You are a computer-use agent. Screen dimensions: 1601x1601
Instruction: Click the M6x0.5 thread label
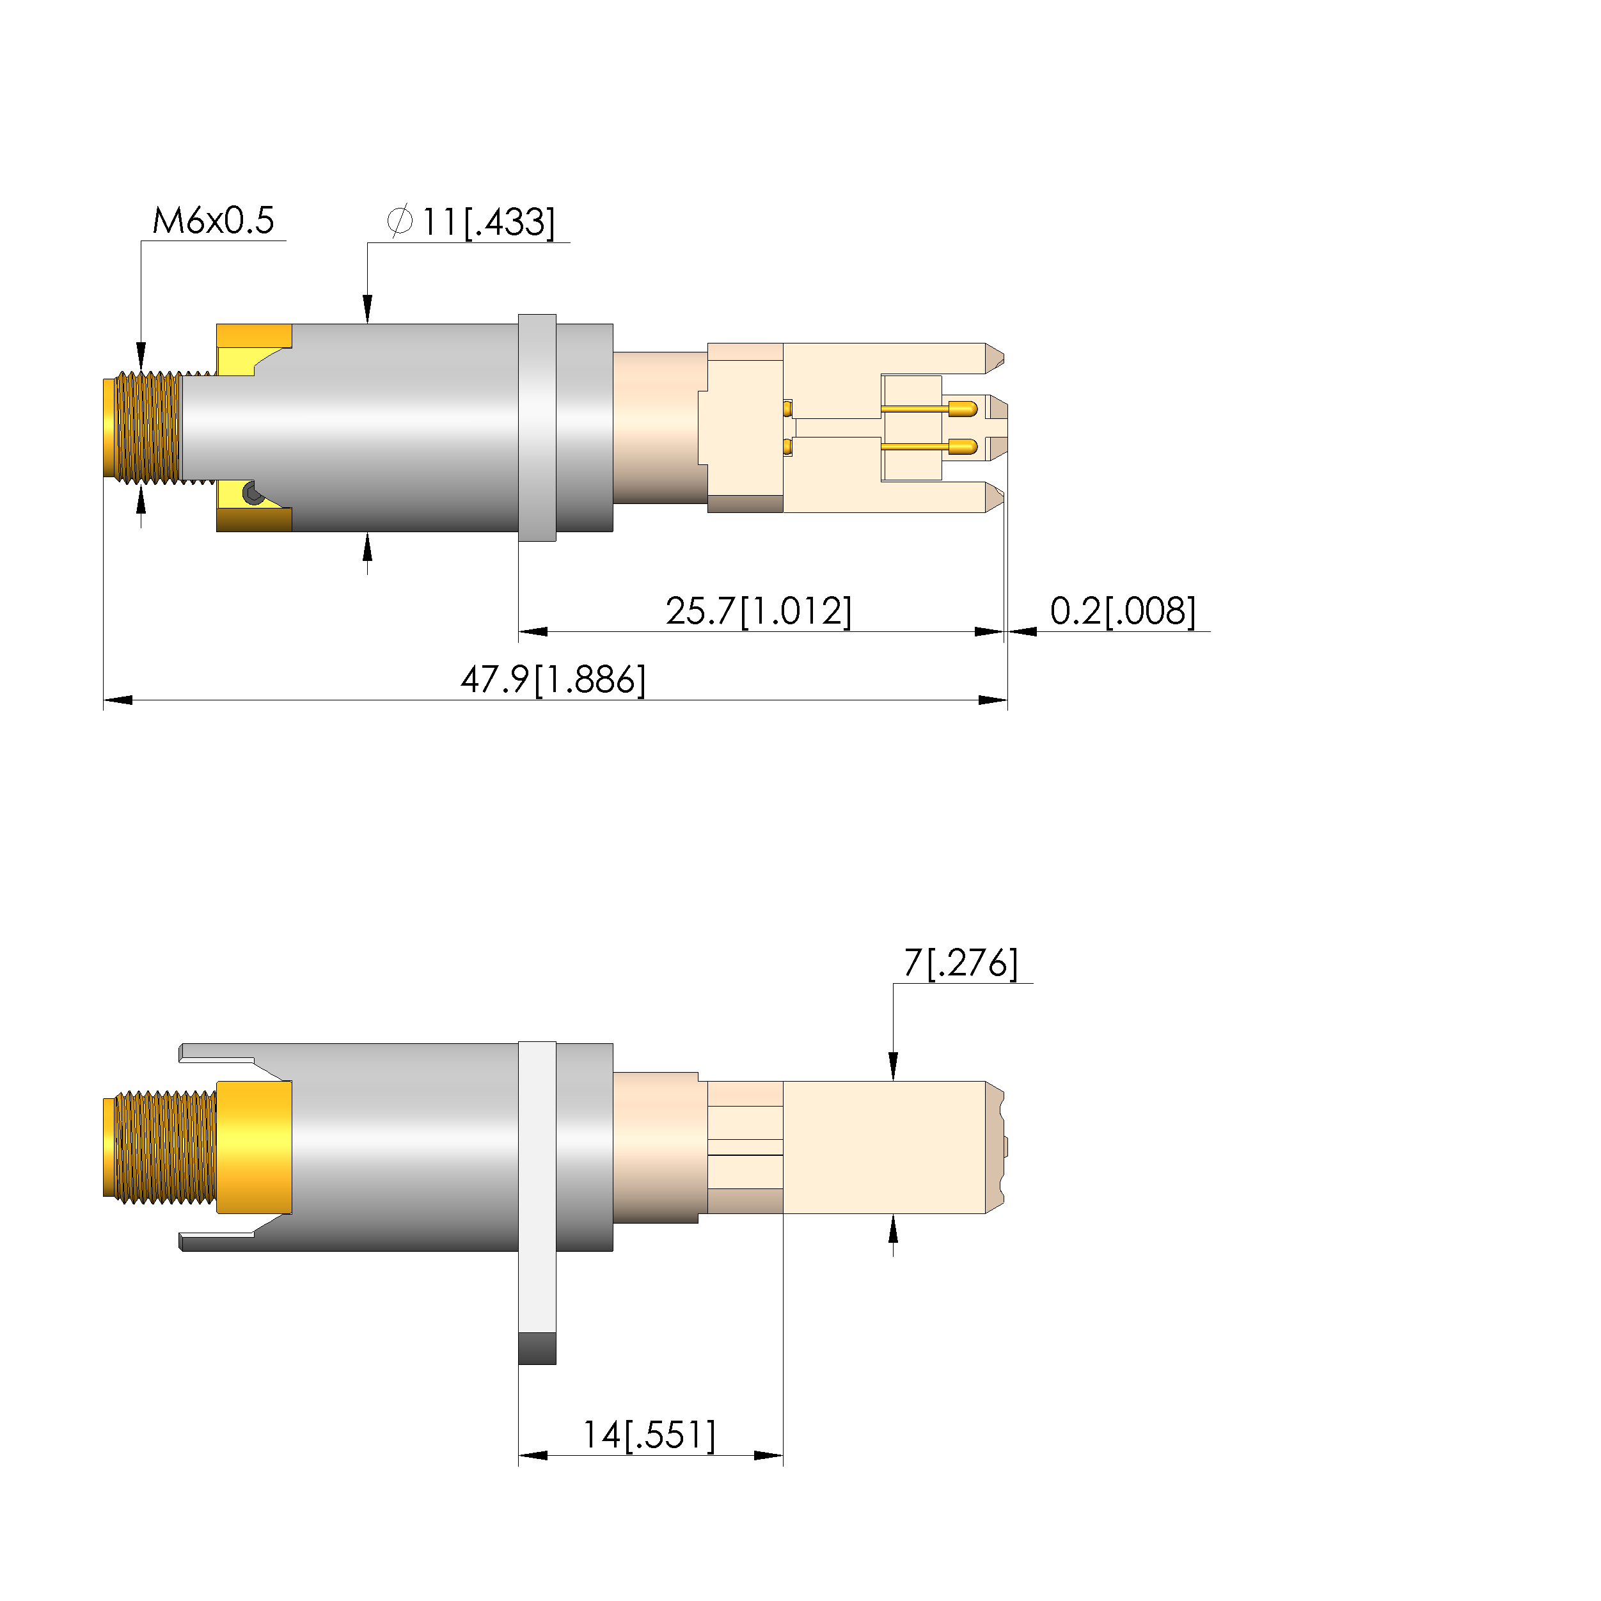[x=213, y=221]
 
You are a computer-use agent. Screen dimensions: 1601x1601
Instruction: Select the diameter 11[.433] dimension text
[x=471, y=222]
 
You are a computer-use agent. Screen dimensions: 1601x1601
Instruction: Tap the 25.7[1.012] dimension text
[x=758, y=611]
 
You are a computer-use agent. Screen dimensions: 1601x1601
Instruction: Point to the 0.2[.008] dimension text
[x=1123, y=611]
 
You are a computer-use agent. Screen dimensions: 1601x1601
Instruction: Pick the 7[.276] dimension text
[x=961, y=963]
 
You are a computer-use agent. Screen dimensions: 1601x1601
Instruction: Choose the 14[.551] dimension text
[x=649, y=1435]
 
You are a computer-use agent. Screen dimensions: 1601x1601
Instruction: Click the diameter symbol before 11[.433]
[x=400, y=221]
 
